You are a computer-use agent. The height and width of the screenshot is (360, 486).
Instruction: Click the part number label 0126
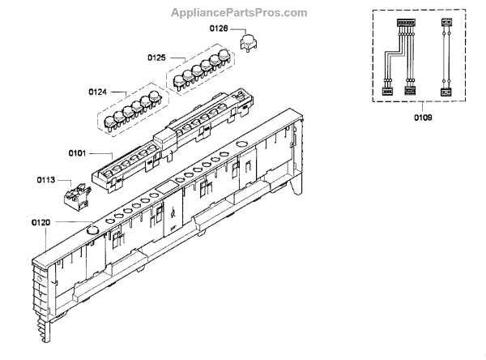219,29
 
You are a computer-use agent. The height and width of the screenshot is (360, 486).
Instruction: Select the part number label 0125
156,58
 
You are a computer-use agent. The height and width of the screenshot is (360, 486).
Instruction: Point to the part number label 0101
78,152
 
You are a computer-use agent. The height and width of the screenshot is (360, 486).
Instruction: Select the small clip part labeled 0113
75,194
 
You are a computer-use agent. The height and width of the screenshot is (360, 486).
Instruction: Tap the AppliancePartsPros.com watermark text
241,13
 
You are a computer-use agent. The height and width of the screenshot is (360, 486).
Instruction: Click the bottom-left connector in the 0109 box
388,92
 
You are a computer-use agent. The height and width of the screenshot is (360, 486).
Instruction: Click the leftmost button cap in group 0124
114,117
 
